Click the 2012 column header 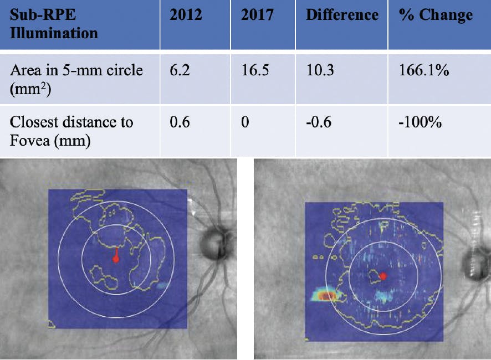point(186,15)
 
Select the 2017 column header point(258,15)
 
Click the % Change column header point(436,15)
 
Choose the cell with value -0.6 point(319,122)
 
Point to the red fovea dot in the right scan point(382,275)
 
